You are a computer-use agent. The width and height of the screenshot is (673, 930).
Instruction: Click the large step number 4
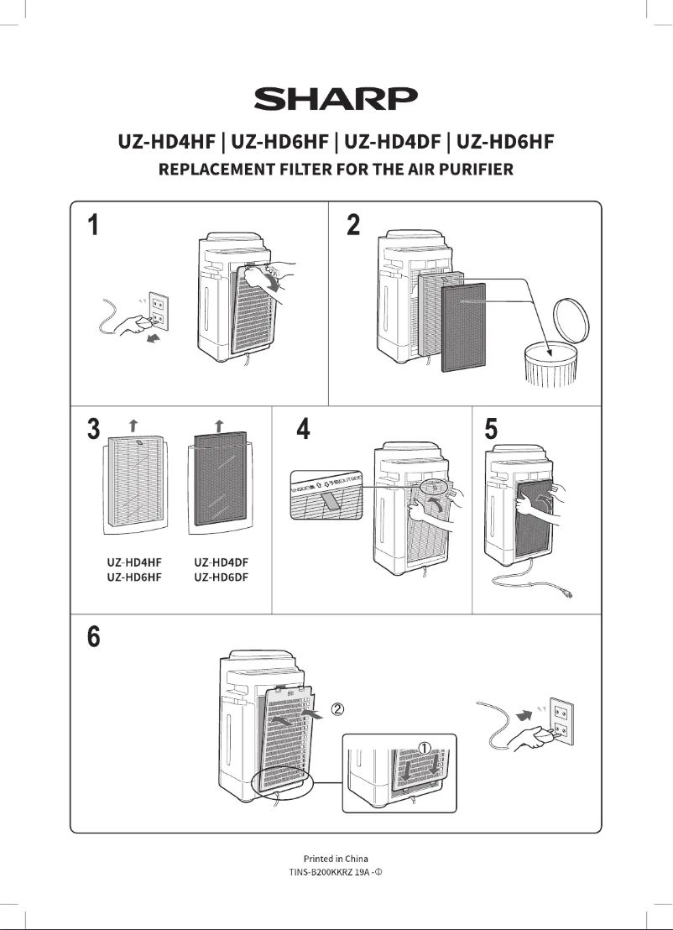[304, 430]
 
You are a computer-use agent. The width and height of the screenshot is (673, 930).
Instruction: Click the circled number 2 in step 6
[338, 709]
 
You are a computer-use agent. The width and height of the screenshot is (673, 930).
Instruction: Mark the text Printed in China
[336, 858]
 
